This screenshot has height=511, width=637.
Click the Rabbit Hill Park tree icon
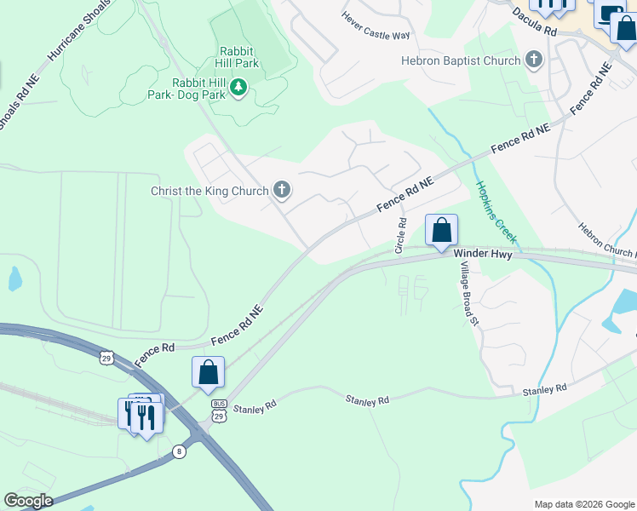pos(239,86)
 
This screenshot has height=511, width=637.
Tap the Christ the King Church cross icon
pos(282,191)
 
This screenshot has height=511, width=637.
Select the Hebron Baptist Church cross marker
pos(533,60)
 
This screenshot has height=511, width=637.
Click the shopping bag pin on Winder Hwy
pos(441,231)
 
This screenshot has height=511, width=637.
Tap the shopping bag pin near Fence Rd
pos(208,373)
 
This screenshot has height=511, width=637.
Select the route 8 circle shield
pos(179,451)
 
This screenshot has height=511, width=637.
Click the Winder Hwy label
pos(482,254)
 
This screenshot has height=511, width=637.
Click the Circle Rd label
pos(400,235)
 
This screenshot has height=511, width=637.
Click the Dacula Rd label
pos(534,21)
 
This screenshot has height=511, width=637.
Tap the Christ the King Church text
pos(209,191)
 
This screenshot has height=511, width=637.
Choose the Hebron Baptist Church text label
pos(461,60)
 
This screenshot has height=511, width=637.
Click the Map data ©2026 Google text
pos(583,504)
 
